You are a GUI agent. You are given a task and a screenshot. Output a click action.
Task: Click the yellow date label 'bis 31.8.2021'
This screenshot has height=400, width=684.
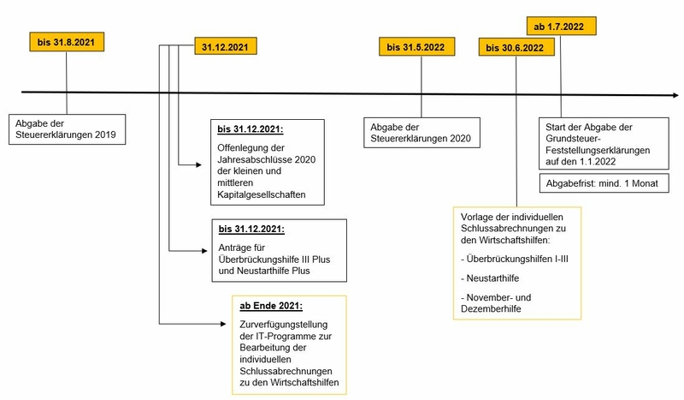[x=67, y=42]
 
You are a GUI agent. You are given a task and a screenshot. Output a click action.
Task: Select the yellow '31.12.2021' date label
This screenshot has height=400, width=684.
[x=226, y=46]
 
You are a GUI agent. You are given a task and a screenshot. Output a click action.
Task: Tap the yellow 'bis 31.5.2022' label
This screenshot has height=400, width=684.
[x=416, y=47]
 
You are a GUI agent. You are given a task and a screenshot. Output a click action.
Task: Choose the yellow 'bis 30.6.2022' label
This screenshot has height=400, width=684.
[x=516, y=47]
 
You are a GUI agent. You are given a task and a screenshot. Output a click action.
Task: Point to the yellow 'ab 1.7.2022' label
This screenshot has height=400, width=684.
[x=561, y=27]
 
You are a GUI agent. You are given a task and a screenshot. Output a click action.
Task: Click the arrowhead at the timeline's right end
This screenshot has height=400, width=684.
[x=675, y=95]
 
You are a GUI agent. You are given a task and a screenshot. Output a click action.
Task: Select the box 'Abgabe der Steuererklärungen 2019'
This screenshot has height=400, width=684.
[x=68, y=129]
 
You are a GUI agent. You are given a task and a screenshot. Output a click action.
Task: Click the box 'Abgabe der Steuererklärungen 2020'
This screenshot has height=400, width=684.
[x=422, y=133]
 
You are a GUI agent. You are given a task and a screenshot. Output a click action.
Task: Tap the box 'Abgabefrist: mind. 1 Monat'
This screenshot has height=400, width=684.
[x=604, y=183]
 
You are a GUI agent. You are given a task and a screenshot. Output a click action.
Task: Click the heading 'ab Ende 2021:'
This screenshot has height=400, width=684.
[x=271, y=306]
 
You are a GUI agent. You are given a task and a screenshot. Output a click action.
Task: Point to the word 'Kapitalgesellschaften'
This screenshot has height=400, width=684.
[x=262, y=194]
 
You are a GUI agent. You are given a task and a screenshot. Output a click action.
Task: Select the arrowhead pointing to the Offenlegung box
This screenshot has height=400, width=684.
[x=199, y=164]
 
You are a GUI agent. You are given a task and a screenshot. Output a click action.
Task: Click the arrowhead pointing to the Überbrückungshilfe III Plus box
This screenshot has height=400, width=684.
[x=204, y=250]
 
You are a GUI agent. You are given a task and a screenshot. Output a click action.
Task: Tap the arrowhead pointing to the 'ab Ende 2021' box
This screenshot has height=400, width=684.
[x=223, y=324]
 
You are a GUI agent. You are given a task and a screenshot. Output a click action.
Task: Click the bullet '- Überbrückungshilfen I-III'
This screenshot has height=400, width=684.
[x=515, y=259]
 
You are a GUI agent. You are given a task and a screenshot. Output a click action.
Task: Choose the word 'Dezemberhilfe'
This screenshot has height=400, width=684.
[x=491, y=308]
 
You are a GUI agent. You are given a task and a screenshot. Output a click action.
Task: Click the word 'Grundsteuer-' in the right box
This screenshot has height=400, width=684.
[x=573, y=139]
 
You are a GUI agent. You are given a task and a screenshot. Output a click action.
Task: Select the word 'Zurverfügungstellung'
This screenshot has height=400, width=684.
[x=284, y=325]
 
